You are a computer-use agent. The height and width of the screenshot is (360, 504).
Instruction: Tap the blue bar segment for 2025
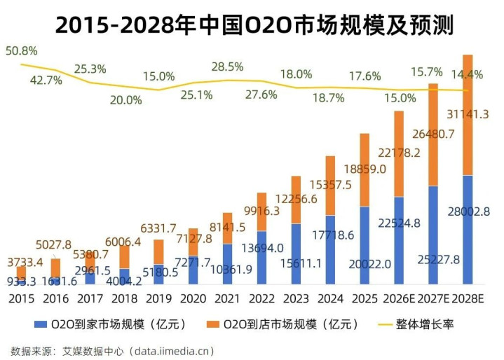pyautogui.click(x=365, y=245)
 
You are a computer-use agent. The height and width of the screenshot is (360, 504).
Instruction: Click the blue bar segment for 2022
pyautogui.click(x=261, y=257)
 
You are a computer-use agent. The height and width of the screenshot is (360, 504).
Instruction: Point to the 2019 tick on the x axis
pyautogui.click(x=158, y=298)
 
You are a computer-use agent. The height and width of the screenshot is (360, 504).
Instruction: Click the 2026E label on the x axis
pyautogui.click(x=399, y=298)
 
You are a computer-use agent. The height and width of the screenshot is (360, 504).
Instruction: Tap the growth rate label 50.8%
pyautogui.click(x=22, y=51)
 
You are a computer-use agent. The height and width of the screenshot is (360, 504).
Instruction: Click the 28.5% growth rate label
pyautogui.click(x=227, y=67)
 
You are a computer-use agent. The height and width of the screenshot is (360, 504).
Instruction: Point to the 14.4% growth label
pyautogui.click(x=467, y=74)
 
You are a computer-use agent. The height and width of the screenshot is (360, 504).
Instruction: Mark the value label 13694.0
pyautogui.click(x=261, y=248)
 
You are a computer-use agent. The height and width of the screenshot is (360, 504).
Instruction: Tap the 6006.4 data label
pyautogui.click(x=123, y=242)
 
